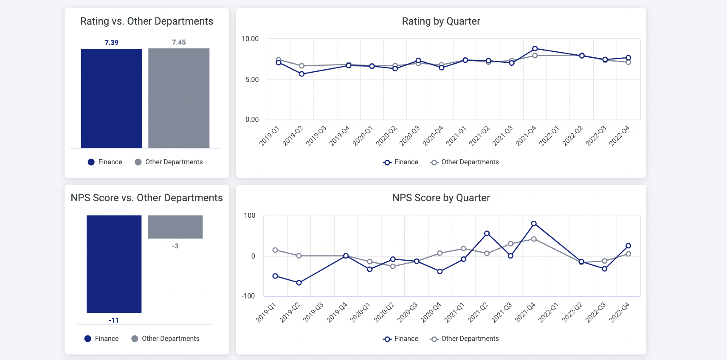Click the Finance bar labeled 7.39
pos(111,98)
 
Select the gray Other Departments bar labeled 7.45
pos(179,98)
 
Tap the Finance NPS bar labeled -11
pos(114,264)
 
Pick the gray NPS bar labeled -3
pos(175,227)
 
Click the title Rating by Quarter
pos(441,21)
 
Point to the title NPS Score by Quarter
pos(441,198)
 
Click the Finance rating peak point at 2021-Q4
pos(535,49)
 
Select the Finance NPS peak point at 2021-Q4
pos(534,224)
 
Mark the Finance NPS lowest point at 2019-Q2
pos(299,283)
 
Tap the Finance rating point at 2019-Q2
pos(302,74)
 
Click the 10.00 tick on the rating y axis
pos(250,39)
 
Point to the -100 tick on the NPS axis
pos(248,296)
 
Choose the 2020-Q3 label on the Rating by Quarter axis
pos(409,136)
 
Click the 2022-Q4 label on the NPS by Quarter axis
pos(619,312)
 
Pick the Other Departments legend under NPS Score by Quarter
pos(465,339)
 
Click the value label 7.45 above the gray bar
pos(179,42)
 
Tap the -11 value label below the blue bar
pos(114,321)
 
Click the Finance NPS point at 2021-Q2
pos(487,233)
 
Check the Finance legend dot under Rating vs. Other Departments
pos(91,162)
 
